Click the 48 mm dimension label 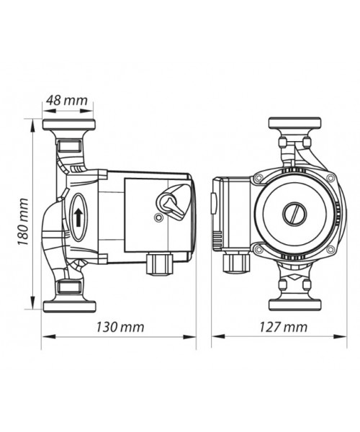[67, 100]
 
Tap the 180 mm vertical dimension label [23, 222]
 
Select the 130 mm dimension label [120, 327]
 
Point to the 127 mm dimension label [283, 327]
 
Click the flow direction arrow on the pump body [78, 217]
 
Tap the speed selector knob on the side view [172, 203]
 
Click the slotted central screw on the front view [294, 214]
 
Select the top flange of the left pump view [69, 125]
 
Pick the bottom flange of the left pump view [69, 307]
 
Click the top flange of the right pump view [294, 123]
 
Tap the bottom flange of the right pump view [294, 305]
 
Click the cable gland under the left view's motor [159, 264]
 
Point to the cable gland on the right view [236, 263]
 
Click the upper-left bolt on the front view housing [258, 179]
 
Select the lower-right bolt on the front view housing [330, 250]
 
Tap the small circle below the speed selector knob [158, 218]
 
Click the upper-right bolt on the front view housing [330, 179]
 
